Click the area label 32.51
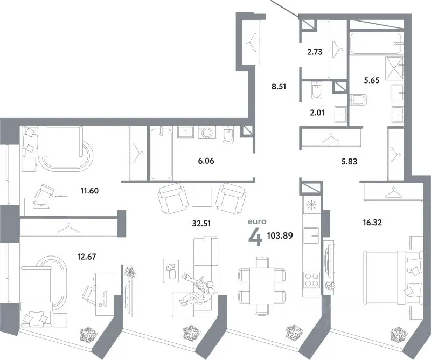tap(201, 224)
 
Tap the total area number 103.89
tap(280, 236)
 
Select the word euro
tap(257, 221)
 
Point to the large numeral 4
tap(255, 238)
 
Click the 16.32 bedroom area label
tap(372, 222)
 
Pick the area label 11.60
tap(89, 191)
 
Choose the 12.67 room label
tap(87, 257)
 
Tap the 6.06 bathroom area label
tap(206, 161)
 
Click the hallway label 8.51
tap(279, 87)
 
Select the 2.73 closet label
tap(315, 52)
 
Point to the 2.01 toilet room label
tap(317, 113)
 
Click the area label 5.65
tap(372, 80)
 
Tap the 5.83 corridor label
tap(349, 162)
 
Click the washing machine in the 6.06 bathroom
tap(207, 132)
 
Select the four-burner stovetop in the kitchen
tap(311, 279)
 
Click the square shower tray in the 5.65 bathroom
tap(394, 68)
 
